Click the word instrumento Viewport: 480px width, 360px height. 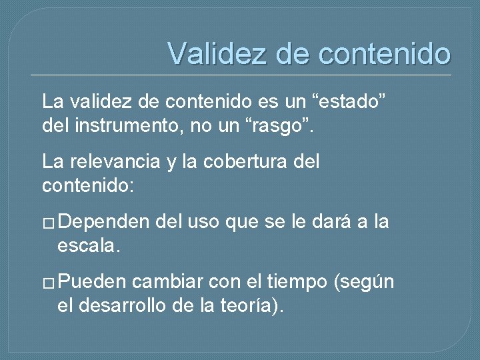(x=133, y=123)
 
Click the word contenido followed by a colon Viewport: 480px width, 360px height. (x=88, y=184)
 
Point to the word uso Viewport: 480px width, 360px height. (x=203, y=223)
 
